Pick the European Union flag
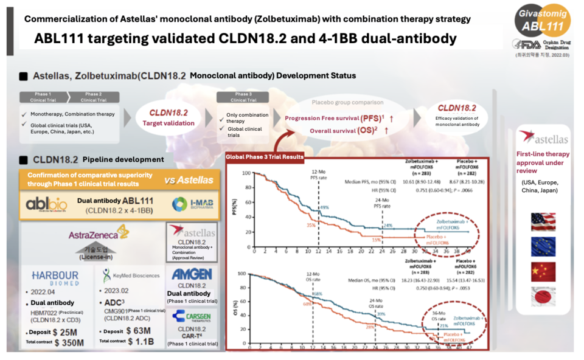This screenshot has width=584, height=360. pyautogui.click(x=543, y=246)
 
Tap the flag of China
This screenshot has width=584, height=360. pyautogui.click(x=543, y=272)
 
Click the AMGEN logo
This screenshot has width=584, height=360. pyautogui.click(x=191, y=274)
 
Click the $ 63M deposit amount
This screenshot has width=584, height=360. pyautogui.click(x=141, y=330)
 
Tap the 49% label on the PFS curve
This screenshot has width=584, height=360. pyautogui.click(x=324, y=207)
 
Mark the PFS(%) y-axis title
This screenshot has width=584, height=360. pyautogui.click(x=234, y=207)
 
